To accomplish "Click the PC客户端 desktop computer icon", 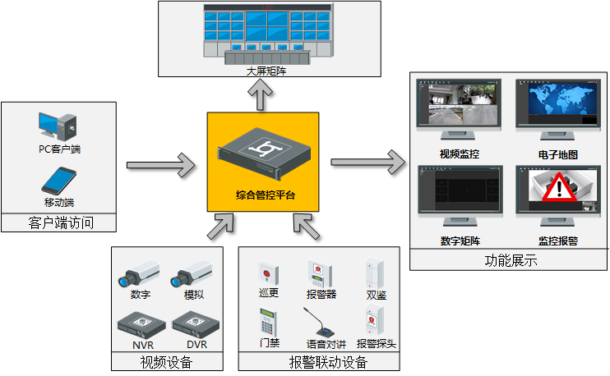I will coord(58,126).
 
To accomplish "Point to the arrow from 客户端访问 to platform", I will coord(160,166).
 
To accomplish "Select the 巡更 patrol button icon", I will coord(266,273).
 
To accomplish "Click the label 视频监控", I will coord(459,154).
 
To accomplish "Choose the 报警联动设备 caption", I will coord(328,363).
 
